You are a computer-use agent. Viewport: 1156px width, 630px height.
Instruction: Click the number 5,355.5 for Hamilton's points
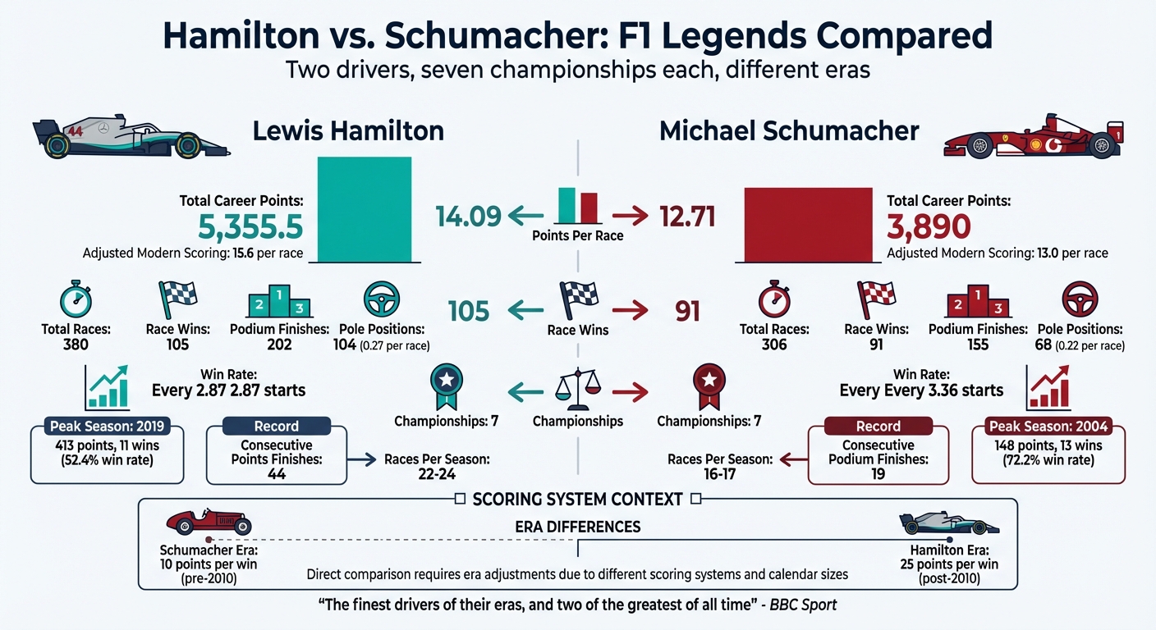251,226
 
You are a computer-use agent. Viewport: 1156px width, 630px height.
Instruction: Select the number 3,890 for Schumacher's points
929,226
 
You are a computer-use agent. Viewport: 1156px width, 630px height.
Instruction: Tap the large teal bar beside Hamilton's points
364,209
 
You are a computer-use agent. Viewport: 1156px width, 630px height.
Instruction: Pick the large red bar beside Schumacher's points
808,224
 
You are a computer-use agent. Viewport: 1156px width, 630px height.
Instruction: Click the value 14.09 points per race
468,217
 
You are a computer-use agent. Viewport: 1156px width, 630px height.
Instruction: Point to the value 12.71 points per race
688,217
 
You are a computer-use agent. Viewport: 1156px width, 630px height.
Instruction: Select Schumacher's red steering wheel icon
1080,299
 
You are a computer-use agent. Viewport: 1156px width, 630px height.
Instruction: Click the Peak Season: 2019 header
108,427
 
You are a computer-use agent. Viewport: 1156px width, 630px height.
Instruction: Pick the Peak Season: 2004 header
1048,427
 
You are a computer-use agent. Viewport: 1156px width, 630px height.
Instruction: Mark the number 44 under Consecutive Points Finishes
277,473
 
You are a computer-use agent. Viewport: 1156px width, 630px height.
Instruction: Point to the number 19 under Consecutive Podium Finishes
878,473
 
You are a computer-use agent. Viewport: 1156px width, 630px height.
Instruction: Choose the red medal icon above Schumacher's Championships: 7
708,386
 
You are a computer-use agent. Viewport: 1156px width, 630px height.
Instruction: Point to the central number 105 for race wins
469,311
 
